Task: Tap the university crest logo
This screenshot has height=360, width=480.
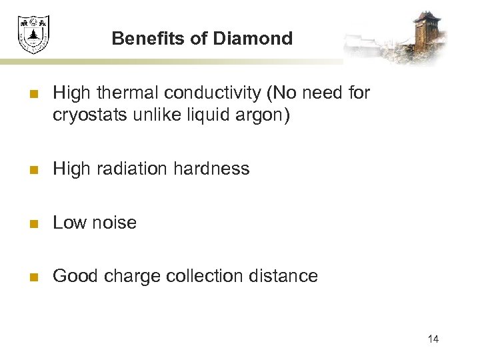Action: click(33, 35)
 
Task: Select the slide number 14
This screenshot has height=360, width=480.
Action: click(433, 339)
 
